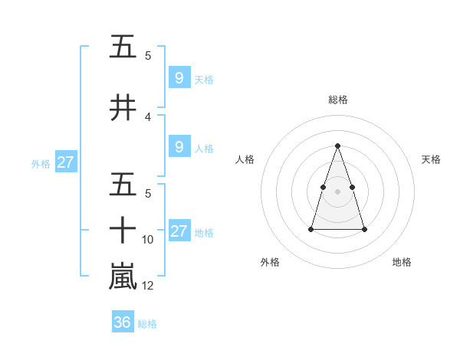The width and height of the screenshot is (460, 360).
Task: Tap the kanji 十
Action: pos(123,230)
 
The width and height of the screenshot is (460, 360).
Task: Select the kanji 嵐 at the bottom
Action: pos(123,277)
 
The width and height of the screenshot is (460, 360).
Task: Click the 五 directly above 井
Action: pos(123,47)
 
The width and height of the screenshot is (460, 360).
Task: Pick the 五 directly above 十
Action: pos(123,186)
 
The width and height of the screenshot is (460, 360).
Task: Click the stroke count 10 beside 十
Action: pos(148,240)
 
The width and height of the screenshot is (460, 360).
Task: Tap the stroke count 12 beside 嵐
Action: pos(148,286)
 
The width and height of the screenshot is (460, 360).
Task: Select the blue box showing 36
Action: pos(123,322)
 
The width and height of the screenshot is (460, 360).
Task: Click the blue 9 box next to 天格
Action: pos(179,78)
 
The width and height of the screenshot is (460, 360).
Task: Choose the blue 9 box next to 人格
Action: pos(179,147)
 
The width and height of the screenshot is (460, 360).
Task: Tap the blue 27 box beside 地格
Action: pos(179,231)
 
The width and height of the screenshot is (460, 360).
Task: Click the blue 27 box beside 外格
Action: pos(65,162)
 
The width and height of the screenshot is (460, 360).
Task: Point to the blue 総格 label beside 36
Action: pos(147,324)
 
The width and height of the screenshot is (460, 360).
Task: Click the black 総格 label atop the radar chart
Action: pos(337,100)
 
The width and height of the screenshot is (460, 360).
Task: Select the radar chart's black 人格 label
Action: pos(245,159)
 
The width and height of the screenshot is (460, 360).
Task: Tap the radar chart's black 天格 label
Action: pos(431,159)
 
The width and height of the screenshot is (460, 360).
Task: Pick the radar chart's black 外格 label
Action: pos(270,262)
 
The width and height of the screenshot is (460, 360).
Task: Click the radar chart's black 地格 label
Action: pos(402,262)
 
